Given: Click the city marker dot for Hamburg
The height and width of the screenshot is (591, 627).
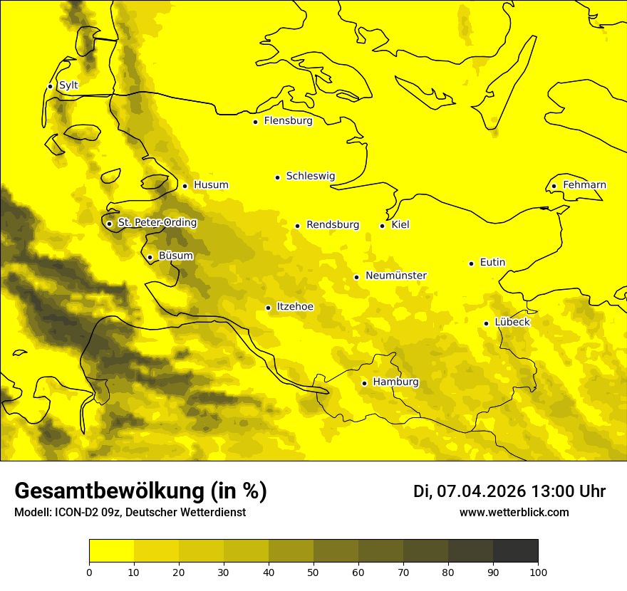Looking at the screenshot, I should click(x=364, y=383).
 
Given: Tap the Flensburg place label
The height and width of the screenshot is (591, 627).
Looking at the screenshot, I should click(x=288, y=121).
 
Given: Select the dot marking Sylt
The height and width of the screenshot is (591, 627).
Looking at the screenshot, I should click(x=50, y=86).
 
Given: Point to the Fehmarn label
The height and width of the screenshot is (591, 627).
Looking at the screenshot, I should click(x=584, y=185).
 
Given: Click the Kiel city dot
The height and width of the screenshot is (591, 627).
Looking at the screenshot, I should click(x=382, y=226).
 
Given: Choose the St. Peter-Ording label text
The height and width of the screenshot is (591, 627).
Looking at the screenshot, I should click(x=157, y=223).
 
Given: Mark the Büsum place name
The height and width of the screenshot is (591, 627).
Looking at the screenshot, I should click(x=175, y=256).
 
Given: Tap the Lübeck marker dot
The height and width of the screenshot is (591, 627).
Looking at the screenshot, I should click(x=486, y=323).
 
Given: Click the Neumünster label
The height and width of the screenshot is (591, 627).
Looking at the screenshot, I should click(x=395, y=276).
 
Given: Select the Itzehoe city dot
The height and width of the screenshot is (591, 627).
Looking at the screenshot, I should click(x=268, y=308).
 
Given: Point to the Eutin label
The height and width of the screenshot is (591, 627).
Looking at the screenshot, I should click(x=492, y=263).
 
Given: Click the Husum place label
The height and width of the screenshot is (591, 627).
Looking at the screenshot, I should click(x=211, y=185).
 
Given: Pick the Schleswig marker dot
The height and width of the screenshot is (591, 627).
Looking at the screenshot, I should click(x=277, y=177).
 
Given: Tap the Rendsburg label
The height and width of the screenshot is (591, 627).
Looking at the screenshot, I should click(x=333, y=225).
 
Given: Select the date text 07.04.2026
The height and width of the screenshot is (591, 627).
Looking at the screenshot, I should click(x=481, y=491).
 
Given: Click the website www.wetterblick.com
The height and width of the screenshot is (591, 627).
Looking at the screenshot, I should click(x=514, y=513).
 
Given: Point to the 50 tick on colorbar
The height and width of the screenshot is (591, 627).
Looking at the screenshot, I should click(x=313, y=572).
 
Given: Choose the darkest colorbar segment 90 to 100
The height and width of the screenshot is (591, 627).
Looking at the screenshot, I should click(x=515, y=551).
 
